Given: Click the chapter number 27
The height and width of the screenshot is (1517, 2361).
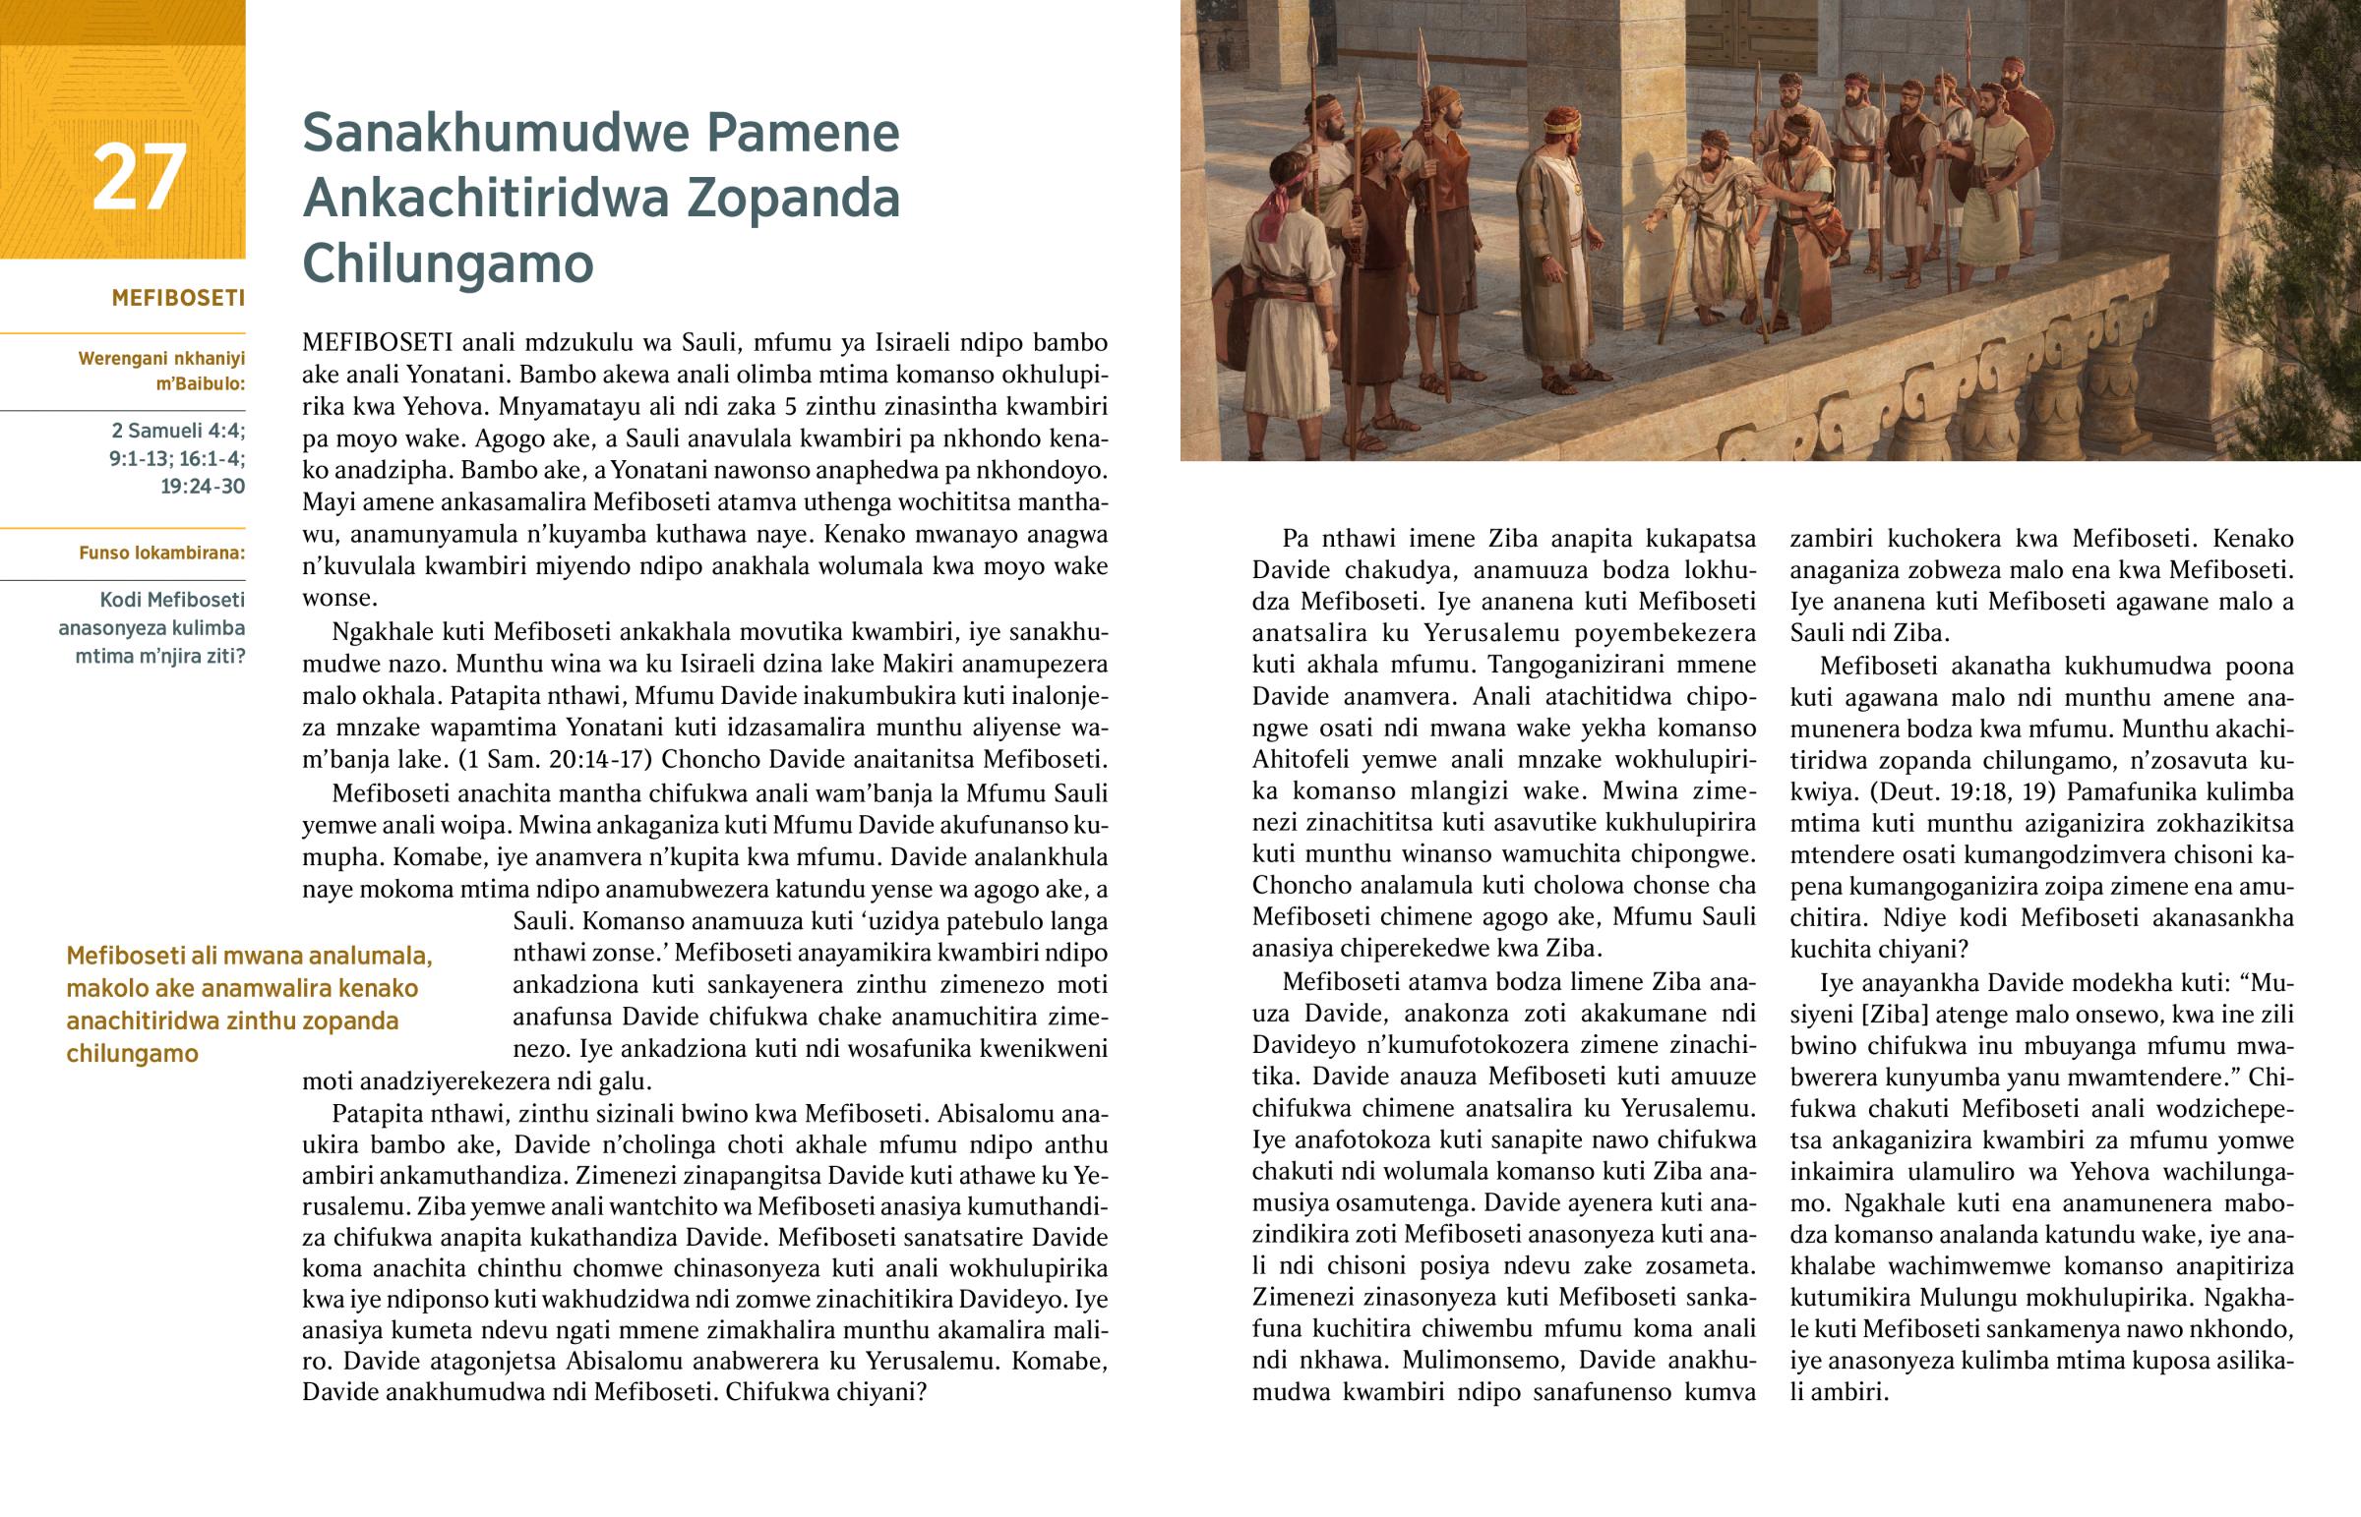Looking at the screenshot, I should [139, 177].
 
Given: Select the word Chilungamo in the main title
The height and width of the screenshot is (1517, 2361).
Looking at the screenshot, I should [448, 263].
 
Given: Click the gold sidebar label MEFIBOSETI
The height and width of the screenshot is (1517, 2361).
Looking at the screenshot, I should [178, 299].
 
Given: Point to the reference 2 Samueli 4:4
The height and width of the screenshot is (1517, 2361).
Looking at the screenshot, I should [178, 431].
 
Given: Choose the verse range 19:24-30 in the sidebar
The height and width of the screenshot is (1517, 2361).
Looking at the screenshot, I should [202, 486].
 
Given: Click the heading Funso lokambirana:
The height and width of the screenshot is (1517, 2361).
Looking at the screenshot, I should [161, 553].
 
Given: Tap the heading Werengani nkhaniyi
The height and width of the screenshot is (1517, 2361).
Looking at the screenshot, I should [161, 359].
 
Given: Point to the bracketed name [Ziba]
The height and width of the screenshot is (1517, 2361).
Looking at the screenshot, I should [1862, 1014].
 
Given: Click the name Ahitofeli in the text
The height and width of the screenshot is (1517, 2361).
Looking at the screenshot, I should [1306, 760].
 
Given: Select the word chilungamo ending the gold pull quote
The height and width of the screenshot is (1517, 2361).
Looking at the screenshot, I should [132, 1053].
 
